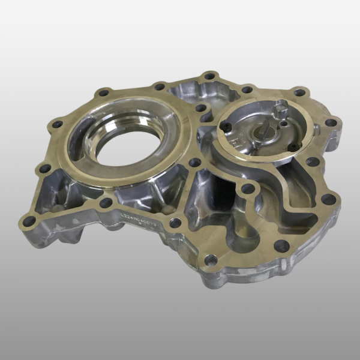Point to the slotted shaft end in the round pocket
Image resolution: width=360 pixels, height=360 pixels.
(x=264, y=130)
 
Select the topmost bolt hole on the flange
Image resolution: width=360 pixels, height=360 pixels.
(x=209, y=76)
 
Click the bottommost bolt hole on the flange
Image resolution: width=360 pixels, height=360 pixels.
(x=211, y=260)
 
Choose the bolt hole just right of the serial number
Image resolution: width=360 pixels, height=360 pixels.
(x=175, y=223)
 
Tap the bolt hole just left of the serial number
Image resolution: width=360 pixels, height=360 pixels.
(x=106, y=203)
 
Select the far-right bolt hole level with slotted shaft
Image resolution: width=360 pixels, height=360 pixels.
(x=330, y=123)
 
